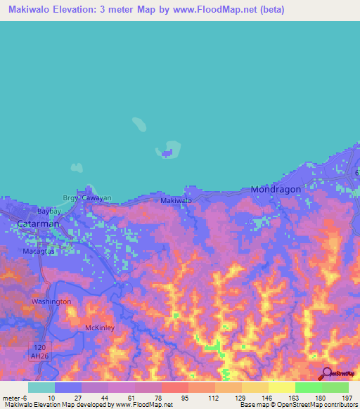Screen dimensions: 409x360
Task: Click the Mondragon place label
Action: click(276, 190)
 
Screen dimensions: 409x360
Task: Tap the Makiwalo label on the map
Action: click(176, 201)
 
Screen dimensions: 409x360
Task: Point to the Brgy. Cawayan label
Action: click(88, 198)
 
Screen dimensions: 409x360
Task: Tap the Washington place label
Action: click(51, 301)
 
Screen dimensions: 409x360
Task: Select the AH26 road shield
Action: click(41, 356)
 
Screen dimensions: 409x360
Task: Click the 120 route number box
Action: click(41, 346)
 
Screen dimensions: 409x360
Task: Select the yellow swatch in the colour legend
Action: click(281, 387)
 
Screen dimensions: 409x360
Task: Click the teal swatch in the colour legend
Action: click(41, 387)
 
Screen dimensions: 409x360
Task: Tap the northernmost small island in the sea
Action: click(140, 125)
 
